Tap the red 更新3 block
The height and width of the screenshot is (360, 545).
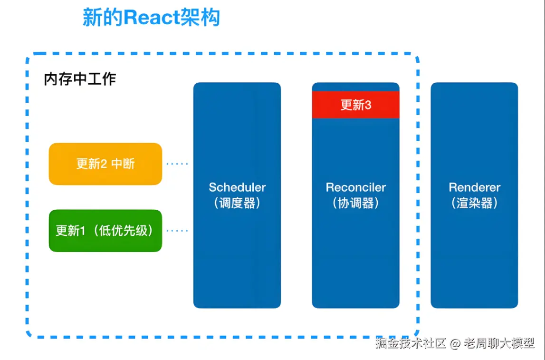pyautogui.click(x=355, y=105)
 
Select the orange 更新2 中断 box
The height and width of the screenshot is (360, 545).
pyautogui.click(x=105, y=164)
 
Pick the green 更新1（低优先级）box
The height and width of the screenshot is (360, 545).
pyautogui.click(x=105, y=231)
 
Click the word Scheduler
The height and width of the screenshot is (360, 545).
pyautogui.click(x=237, y=187)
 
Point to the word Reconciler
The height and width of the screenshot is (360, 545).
pyautogui.click(x=355, y=187)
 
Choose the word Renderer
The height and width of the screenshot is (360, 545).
pyautogui.click(x=474, y=187)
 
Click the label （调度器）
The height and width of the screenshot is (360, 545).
pyautogui.click(x=237, y=203)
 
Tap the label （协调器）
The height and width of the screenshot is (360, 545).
pyautogui.click(x=355, y=203)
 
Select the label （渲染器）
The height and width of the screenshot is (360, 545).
pyautogui.click(x=474, y=203)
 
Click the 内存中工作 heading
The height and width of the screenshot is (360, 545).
pyautogui.click(x=80, y=79)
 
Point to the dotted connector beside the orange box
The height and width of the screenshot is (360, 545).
pyautogui.click(x=177, y=164)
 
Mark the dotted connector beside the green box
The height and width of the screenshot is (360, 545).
pyautogui.click(x=177, y=231)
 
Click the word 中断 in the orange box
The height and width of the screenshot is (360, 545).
pyautogui.click(x=123, y=164)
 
